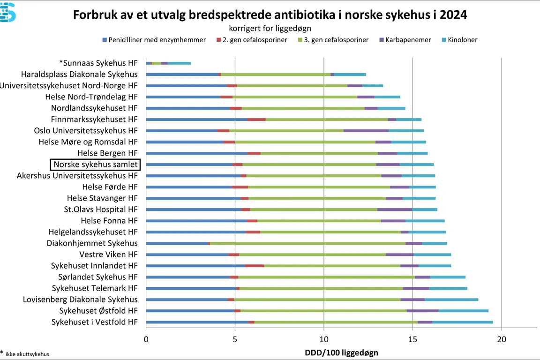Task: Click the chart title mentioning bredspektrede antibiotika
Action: click(270, 15)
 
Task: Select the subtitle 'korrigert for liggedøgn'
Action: click(270, 28)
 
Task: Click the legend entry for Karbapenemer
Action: click(407, 40)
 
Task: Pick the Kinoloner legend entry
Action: click(462, 40)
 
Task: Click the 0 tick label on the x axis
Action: click(146, 339)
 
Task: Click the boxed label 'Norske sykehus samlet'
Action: click(96, 165)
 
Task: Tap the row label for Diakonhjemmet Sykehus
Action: click(92, 243)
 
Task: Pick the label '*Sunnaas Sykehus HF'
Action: click(98, 63)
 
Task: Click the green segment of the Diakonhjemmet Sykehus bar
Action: click(307, 243)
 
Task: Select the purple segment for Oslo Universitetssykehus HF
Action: click(366, 131)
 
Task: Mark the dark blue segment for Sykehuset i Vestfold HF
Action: click(197, 322)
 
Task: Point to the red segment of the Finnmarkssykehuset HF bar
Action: click(256, 120)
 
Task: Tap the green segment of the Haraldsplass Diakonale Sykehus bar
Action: click(276, 75)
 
